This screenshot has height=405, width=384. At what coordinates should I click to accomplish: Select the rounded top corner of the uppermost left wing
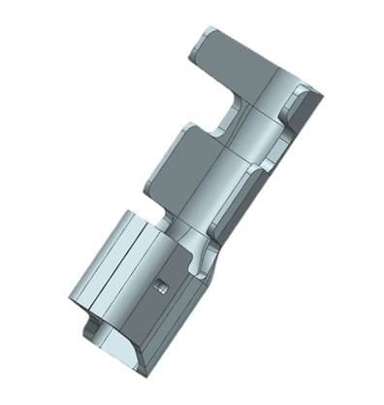[x=202, y=33]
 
